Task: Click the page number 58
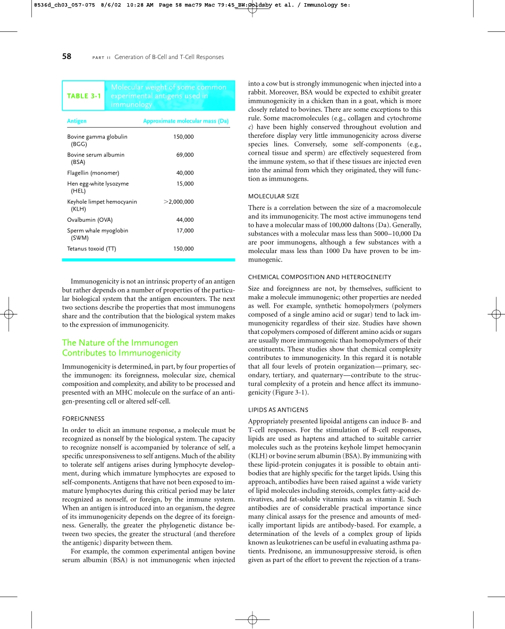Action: pyautogui.click(x=66, y=56)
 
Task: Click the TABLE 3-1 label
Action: pyautogui.click(x=83, y=96)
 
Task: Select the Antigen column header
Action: pyautogui.click(x=77, y=121)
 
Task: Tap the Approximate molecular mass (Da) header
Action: pyautogui.click(x=186, y=121)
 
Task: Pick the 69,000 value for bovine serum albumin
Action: pyautogui.click(x=185, y=155)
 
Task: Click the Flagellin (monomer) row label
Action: pyautogui.click(x=93, y=173)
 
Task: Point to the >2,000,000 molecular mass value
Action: pyautogui.click(x=179, y=202)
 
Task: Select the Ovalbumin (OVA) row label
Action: pyautogui.click(x=90, y=220)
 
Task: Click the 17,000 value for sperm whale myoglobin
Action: pyautogui.click(x=185, y=231)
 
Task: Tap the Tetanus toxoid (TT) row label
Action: pyautogui.click(x=91, y=248)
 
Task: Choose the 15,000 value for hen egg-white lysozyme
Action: pyautogui.click(x=185, y=183)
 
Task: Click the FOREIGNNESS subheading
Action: pyautogui.click(x=83, y=418)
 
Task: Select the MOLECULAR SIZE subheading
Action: pyautogui.click(x=274, y=196)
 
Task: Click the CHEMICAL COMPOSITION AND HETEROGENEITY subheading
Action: pyautogui.click(x=319, y=277)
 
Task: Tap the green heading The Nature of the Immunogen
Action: pyautogui.click(x=120, y=343)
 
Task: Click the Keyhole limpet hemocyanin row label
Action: pyautogui.click(x=102, y=202)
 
